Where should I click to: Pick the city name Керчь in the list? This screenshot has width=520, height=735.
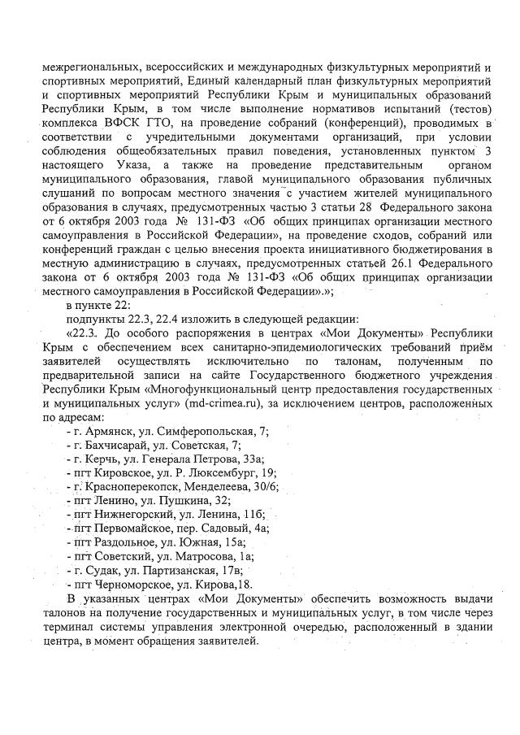coord(100,459)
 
